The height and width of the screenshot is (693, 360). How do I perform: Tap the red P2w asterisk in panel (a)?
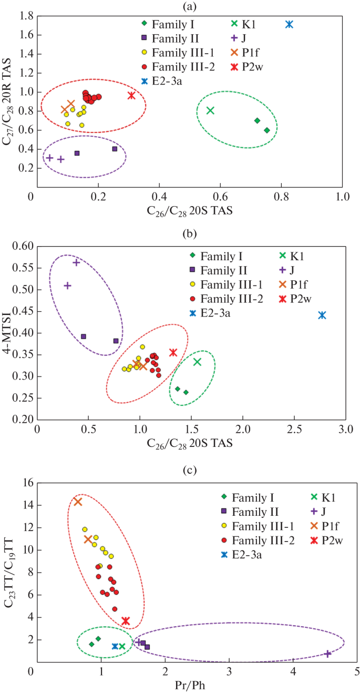tap(131, 95)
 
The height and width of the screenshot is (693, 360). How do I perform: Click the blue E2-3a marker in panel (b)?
tap(322, 315)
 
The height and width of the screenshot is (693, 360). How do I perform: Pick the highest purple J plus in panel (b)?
tap(76, 262)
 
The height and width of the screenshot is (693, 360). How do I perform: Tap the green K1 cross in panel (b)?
tap(198, 362)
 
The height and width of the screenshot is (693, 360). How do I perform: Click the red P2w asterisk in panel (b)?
tap(173, 352)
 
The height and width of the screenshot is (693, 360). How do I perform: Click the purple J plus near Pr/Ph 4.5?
tap(328, 654)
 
